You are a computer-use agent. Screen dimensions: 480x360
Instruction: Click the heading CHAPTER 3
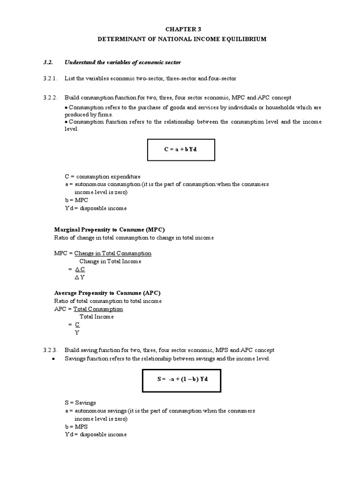tap(181, 29)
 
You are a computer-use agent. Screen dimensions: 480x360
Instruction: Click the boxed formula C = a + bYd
tap(181, 150)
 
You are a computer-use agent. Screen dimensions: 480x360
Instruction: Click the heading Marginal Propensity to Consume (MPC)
tap(109, 230)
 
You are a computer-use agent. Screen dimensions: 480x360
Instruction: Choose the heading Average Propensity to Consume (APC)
tap(108, 293)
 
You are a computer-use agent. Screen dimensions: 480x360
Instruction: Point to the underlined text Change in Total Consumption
tap(113, 254)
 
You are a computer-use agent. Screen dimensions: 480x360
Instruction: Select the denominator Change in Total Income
tap(110, 262)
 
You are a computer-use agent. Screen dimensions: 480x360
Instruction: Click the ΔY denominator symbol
tap(78, 277)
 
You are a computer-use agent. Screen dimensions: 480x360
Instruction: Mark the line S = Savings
tap(80, 403)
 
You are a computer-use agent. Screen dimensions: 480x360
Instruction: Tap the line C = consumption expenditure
tap(102, 176)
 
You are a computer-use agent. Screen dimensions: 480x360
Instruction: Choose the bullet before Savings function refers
tap(54, 359)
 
